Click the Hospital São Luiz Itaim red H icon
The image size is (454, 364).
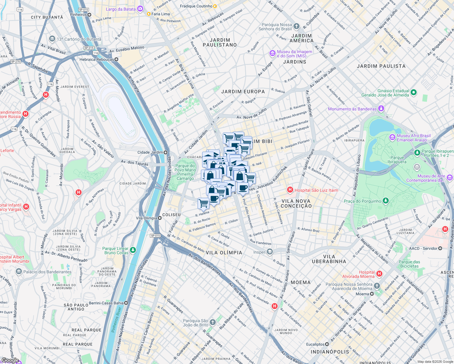click(x=290, y=190)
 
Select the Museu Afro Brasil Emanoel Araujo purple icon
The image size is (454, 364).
click(x=392, y=137)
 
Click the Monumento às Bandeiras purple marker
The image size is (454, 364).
click(x=381, y=109)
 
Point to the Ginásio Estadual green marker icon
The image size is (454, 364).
click(x=414, y=93)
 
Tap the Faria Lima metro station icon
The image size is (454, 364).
click(x=149, y=14)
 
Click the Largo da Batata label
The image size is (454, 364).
click(x=120, y=9)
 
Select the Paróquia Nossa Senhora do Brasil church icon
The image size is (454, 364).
click(x=296, y=26)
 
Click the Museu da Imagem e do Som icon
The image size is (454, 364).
click(x=272, y=53)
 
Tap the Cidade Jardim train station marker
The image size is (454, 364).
click(x=166, y=152)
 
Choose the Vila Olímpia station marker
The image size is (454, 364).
click(x=160, y=218)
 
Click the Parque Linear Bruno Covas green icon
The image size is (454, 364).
click(x=133, y=250)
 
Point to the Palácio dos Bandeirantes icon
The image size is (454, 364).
click(x=19, y=271)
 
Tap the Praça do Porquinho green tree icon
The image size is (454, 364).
click(x=385, y=201)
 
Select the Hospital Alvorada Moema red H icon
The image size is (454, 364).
click(x=379, y=274)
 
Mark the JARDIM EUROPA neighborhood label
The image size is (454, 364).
click(x=243, y=92)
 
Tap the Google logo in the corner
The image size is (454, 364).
click(x=10, y=360)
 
